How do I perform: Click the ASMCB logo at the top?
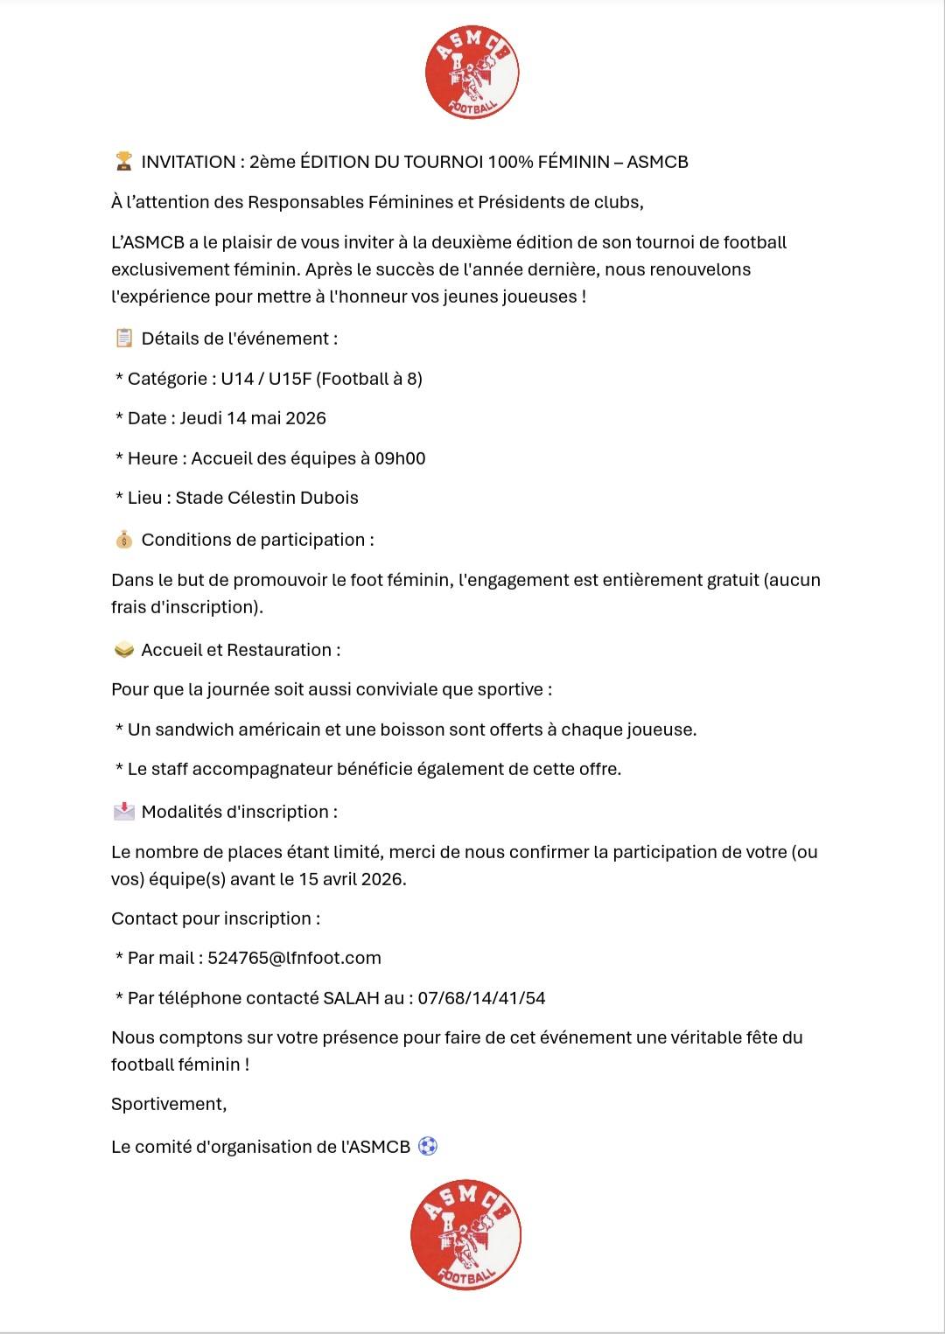pyautogui.click(x=472, y=73)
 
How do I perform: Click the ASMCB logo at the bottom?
pyautogui.click(x=465, y=1234)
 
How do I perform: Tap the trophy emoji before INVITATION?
pyautogui.click(x=124, y=161)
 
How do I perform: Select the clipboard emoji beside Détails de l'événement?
pyautogui.click(x=124, y=338)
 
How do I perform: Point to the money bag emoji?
pyautogui.click(x=124, y=540)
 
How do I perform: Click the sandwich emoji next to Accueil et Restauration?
pyautogui.click(x=124, y=650)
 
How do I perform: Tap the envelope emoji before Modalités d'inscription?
pyautogui.click(x=124, y=812)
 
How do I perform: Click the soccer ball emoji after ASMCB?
pyautogui.click(x=427, y=1146)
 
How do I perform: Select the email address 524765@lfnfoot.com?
pyautogui.click(x=294, y=958)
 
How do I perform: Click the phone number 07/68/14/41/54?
pyautogui.click(x=481, y=998)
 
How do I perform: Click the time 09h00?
pyautogui.click(x=400, y=458)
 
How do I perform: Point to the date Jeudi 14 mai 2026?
pyautogui.click(x=253, y=418)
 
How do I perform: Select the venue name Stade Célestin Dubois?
pyautogui.click(x=267, y=498)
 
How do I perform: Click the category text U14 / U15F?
pyautogui.click(x=266, y=379)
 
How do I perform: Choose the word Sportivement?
pyautogui.click(x=168, y=1104)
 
